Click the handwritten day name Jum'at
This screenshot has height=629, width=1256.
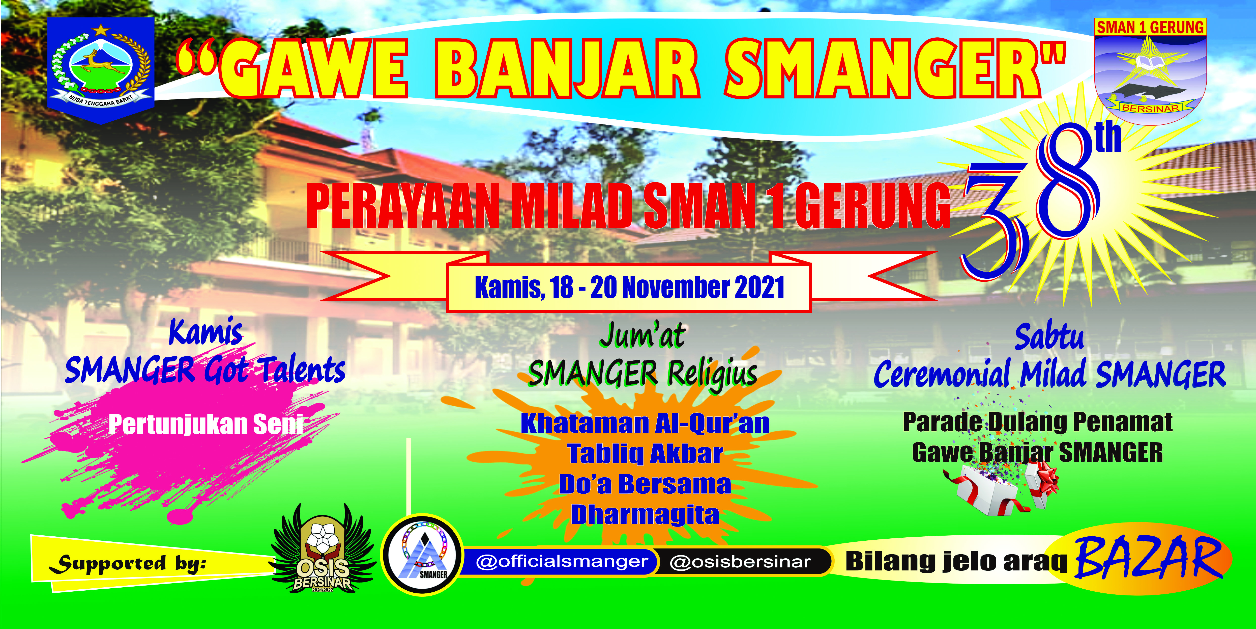[x=643, y=336]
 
